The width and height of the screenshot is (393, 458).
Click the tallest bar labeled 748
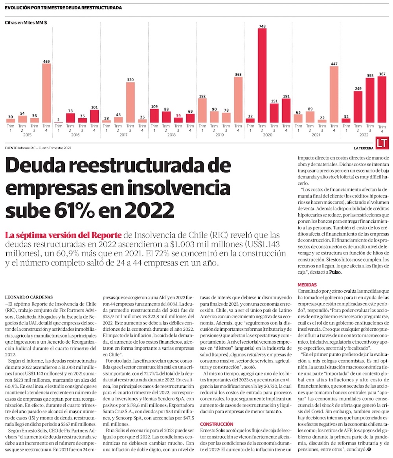click(262, 75)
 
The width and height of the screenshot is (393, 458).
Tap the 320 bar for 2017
click(130, 102)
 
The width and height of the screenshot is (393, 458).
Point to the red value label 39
click(178, 115)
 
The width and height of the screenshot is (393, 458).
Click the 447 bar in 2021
click(334, 94)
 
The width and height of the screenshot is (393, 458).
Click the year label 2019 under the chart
click(220, 135)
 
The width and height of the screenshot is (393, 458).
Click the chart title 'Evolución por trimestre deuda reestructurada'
click(63, 7)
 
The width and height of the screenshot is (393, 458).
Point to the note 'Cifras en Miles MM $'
click(26, 23)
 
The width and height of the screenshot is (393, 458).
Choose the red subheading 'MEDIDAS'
click(307, 284)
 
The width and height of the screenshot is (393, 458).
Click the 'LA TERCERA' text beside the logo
click(363, 148)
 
